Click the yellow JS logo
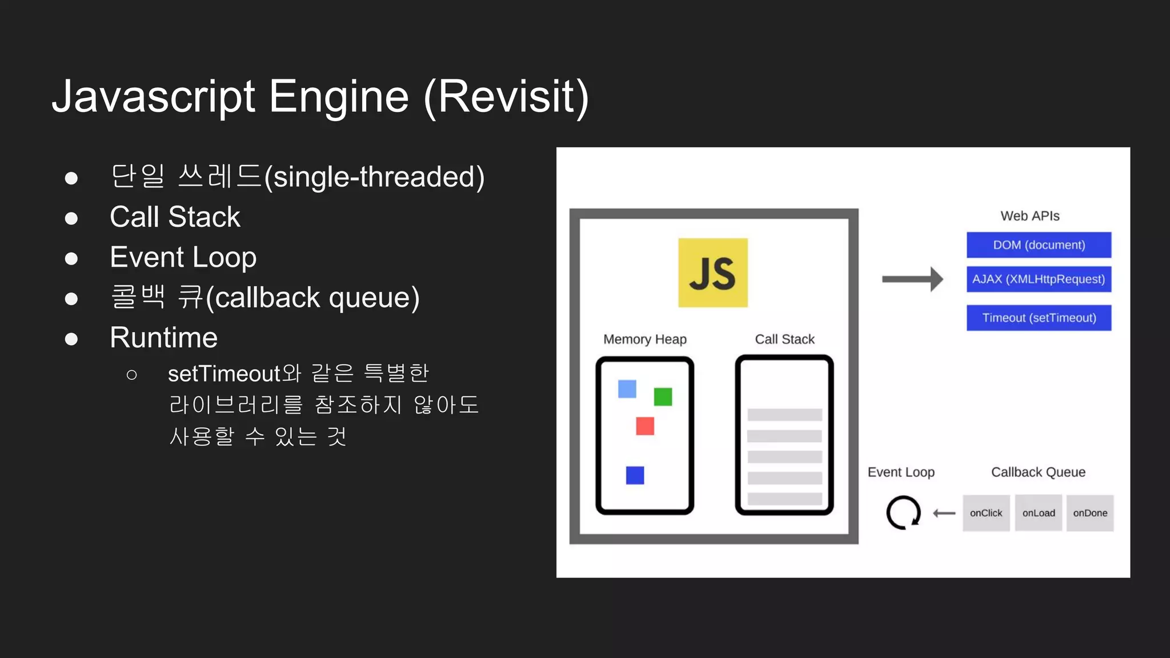712,272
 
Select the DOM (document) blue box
1039,245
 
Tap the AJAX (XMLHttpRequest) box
1039,279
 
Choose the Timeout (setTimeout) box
1039,318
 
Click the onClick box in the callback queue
986,513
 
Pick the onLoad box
1038,513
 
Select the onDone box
1090,513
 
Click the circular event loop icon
903,512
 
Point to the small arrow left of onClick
944,513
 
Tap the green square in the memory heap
663,396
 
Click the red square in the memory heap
645,426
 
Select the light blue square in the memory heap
627,389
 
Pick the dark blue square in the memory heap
635,475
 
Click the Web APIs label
1029,216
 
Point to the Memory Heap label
645,339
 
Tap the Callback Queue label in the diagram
1038,472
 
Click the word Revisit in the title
506,97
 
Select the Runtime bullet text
163,338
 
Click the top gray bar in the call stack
784,415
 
